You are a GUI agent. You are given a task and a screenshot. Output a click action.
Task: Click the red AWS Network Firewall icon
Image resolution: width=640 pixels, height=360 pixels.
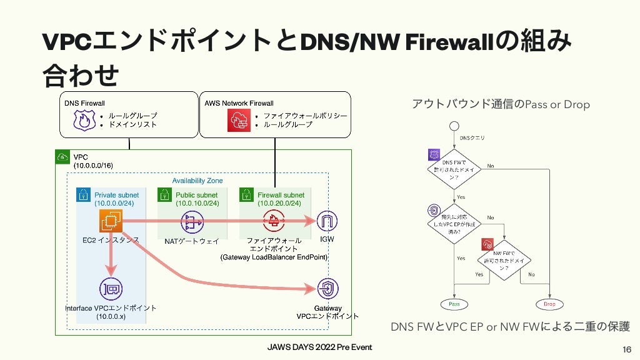pos(238,119)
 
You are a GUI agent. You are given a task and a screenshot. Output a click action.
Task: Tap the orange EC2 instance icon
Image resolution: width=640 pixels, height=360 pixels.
pos(110,221)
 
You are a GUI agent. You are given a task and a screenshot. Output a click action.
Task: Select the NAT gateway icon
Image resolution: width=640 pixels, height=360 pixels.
pos(192,221)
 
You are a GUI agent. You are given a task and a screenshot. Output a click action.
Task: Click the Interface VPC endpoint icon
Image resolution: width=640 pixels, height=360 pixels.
pos(111,289)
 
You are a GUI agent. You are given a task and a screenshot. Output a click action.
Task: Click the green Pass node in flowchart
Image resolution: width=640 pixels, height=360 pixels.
pos(454,304)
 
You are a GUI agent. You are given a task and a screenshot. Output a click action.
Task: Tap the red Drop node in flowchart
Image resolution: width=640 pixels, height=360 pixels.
pos(549,304)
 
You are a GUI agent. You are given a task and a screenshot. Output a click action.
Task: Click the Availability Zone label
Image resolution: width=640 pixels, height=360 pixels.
pos(197,181)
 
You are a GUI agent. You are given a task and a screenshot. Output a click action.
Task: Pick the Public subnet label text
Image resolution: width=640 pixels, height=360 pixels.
pos(197,195)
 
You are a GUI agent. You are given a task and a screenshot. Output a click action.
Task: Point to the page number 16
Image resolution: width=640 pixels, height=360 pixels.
pos(626,348)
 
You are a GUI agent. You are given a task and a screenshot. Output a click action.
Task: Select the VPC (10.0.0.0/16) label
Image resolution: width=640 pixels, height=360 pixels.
pos(93,161)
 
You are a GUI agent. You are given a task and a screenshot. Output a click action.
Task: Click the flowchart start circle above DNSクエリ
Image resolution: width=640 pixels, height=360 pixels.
pos(454,126)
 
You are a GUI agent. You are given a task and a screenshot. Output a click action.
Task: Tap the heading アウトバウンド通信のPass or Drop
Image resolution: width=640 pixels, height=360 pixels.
pos(500,104)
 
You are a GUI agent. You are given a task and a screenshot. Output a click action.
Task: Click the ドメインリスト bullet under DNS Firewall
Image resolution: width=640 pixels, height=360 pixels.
pos(132,124)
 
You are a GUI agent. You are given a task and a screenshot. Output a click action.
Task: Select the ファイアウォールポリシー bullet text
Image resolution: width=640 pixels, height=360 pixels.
pos(304,116)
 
